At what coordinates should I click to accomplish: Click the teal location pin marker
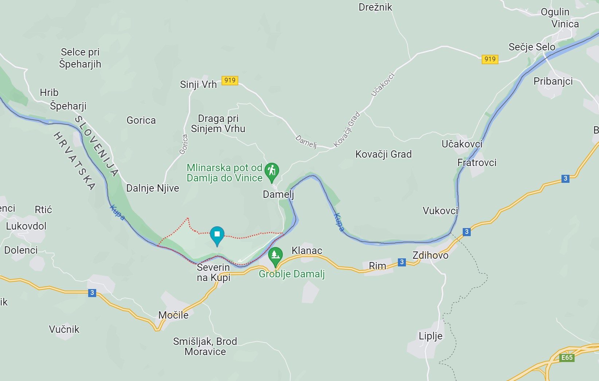pos(217,235)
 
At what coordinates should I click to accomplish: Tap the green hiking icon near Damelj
pos(271,172)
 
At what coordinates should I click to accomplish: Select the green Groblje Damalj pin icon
pos(275,255)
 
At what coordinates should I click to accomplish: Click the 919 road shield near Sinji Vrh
pos(230,80)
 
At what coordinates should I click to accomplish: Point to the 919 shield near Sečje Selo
pos(490,59)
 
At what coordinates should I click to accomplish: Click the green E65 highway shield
pos(567,358)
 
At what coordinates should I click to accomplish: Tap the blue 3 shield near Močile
pos(92,293)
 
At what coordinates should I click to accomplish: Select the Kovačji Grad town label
pos(383,154)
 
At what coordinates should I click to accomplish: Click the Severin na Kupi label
pos(214,273)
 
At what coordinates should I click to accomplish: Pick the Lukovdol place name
pos(26,226)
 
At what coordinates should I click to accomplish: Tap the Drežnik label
pos(375,7)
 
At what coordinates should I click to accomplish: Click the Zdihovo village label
pos(430,255)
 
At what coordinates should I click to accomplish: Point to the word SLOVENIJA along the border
pos(97,146)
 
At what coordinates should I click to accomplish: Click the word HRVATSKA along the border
pos(74,161)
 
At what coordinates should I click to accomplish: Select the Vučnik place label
pos(64,329)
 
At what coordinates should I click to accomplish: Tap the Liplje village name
pos(430,336)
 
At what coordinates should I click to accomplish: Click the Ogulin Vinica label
pos(559,18)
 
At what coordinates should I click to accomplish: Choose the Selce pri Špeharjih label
pos(80,58)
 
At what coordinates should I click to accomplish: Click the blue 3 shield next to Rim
pos(402,262)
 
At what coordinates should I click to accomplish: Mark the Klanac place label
pos(307,251)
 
